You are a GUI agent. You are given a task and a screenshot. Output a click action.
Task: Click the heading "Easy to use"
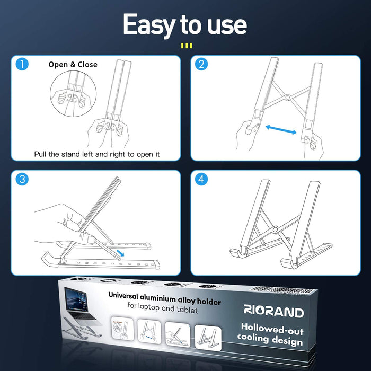coord(185,25)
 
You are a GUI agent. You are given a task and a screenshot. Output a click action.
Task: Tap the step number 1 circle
coord(22,65)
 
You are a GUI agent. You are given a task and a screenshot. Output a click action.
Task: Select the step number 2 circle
coord(201,65)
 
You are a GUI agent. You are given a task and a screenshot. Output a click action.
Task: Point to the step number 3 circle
coord(22,179)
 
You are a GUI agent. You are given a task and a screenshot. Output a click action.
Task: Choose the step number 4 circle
coord(201,179)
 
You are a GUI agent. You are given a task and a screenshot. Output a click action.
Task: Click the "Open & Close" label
coord(73,65)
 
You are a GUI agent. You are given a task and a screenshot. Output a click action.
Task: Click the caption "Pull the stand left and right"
coord(97,154)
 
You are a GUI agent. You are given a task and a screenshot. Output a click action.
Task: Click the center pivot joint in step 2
coord(286,98)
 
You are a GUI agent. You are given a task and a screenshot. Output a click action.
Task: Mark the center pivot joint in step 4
coord(275,229)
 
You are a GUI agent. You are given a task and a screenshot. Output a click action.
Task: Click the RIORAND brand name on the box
coord(274,312)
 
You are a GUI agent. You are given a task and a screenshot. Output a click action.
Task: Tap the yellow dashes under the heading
coord(185,46)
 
